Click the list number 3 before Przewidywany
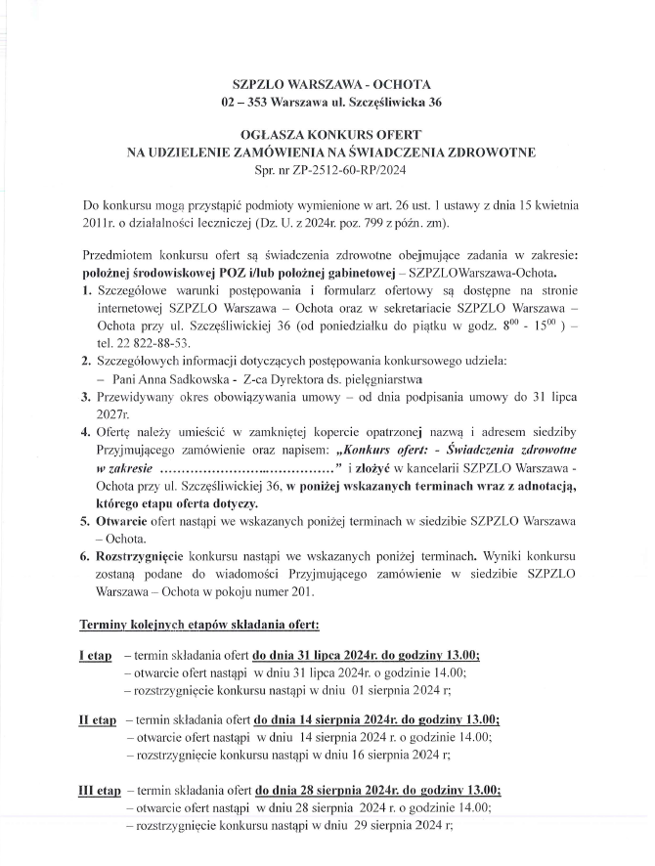point(85,397)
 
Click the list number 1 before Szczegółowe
point(85,290)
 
